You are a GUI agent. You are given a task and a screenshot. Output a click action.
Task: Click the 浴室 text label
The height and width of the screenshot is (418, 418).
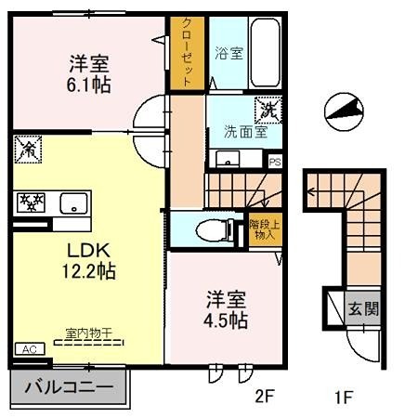pyautogui.click(x=229, y=53)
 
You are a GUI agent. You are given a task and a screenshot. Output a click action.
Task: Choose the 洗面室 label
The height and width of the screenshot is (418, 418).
pyautogui.click(x=245, y=131)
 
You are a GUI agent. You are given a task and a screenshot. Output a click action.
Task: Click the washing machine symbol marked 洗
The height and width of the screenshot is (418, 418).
pyautogui.click(x=267, y=109)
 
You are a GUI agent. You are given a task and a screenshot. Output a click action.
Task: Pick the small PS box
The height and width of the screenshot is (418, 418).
pyautogui.click(x=274, y=161)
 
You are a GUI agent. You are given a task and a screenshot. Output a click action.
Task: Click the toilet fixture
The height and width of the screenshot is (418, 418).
pyautogui.click(x=207, y=229)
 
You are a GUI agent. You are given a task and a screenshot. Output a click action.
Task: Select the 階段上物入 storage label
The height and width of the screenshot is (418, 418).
pyautogui.click(x=264, y=229)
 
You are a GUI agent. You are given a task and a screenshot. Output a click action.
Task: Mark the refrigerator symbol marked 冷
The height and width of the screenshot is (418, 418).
pyautogui.click(x=27, y=148)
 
